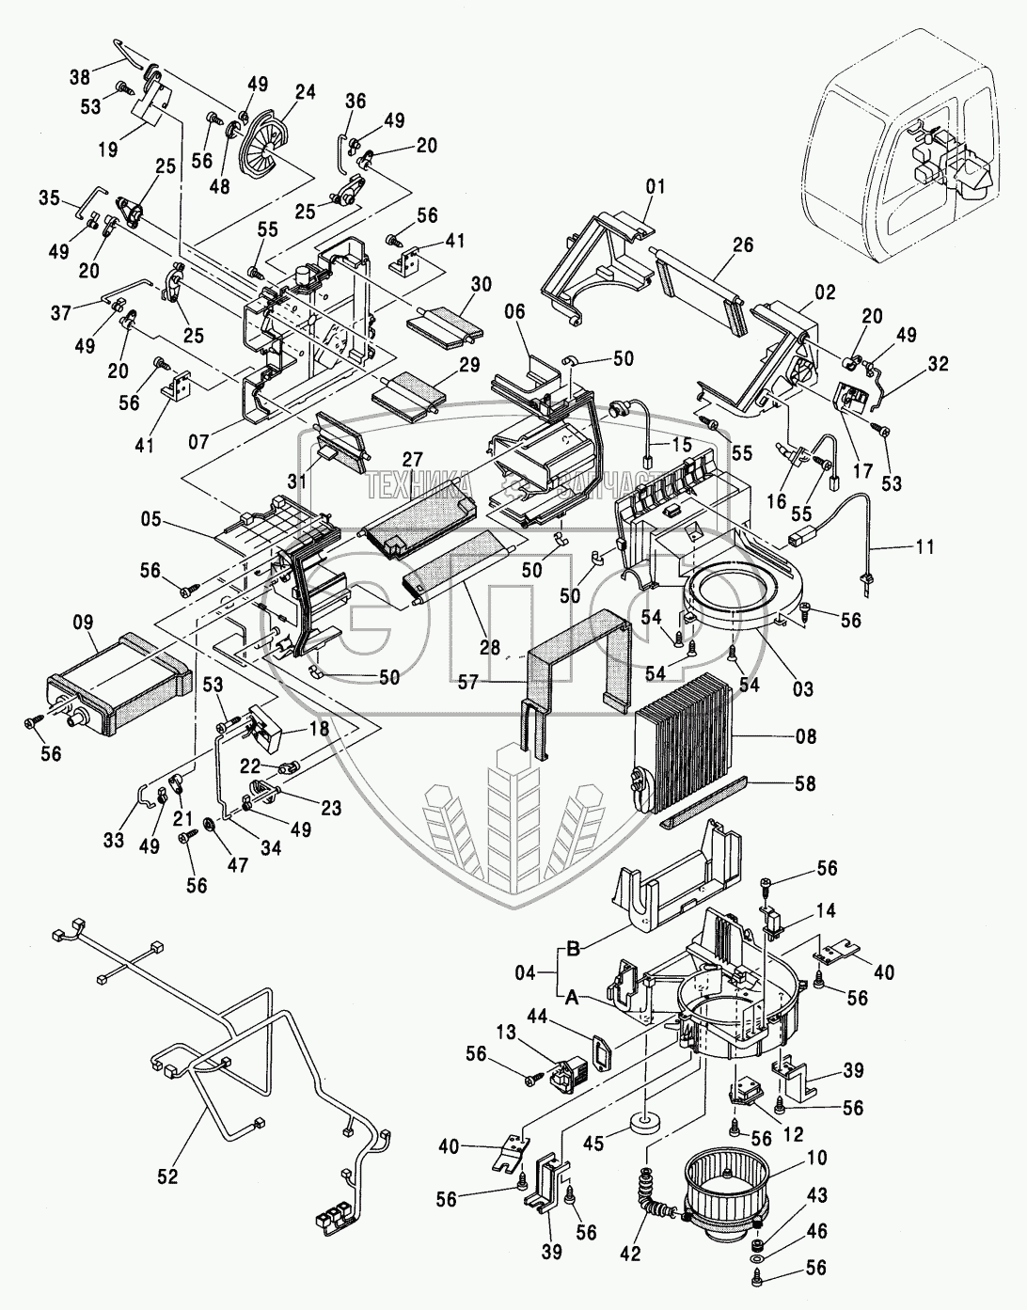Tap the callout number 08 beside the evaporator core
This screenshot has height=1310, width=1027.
806,737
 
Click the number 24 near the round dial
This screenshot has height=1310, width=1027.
304,92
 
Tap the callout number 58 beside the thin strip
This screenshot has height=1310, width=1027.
806,783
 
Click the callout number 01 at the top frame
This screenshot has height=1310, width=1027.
655,186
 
